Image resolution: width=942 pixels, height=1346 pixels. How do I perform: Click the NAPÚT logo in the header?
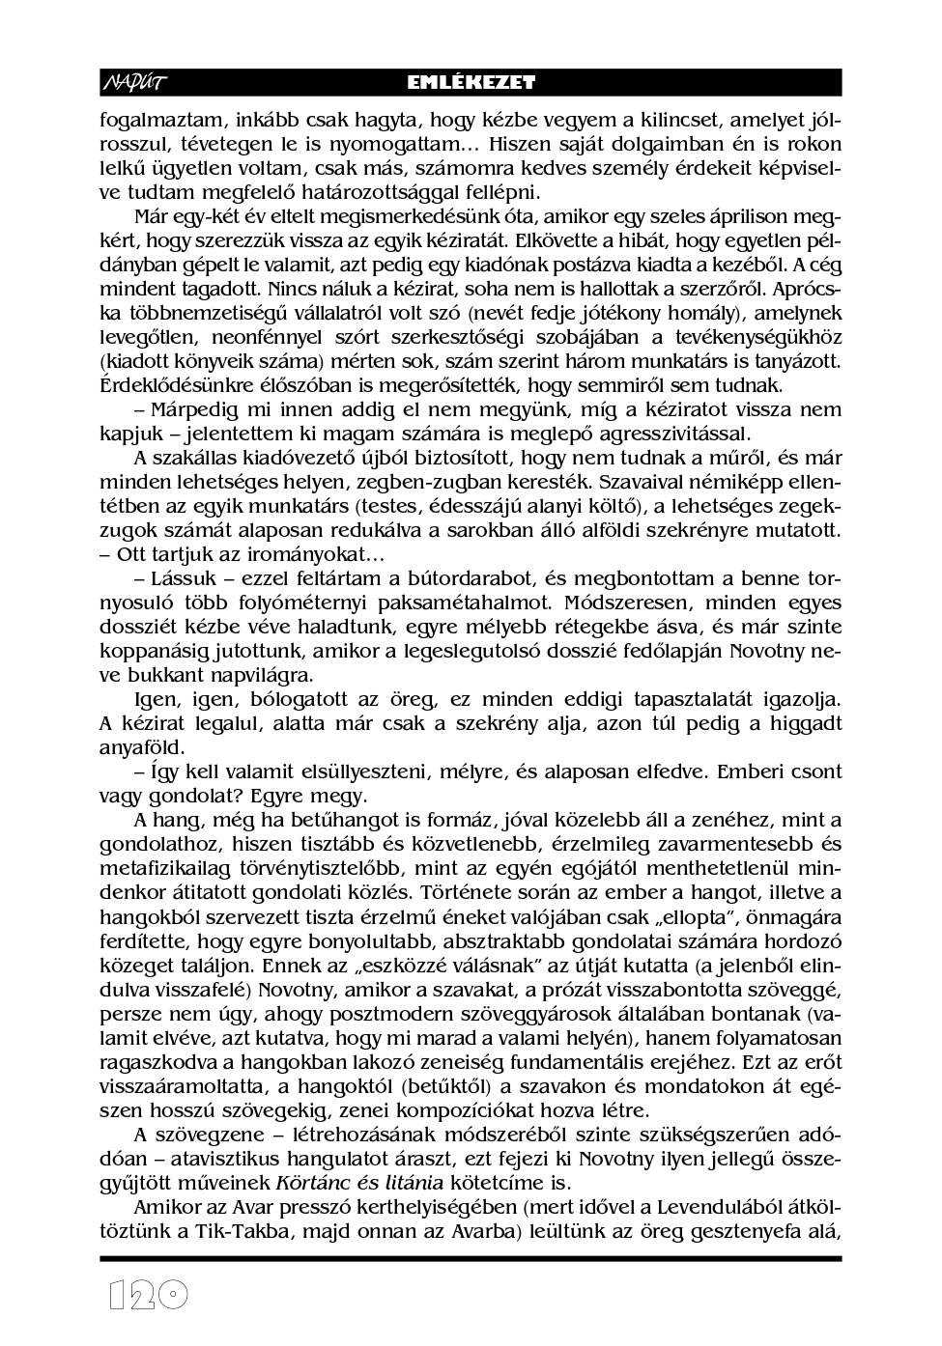coord(133,83)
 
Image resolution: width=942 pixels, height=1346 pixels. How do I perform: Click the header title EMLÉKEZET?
coord(471,83)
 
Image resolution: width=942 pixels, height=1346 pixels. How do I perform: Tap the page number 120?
coord(147,1295)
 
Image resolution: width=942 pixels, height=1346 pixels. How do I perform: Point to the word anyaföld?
coord(135,747)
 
